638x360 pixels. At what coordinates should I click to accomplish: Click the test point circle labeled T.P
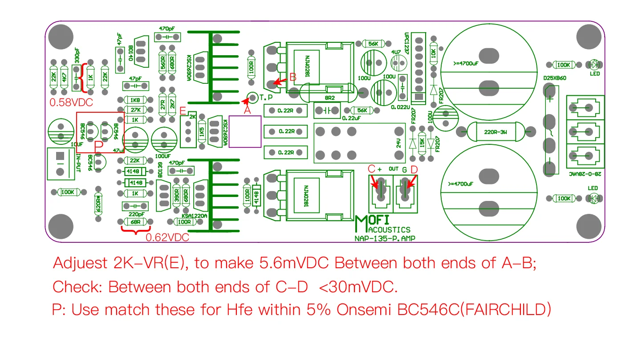click(252, 96)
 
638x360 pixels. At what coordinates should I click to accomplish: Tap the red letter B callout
click(293, 77)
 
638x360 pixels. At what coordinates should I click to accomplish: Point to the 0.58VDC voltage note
click(71, 102)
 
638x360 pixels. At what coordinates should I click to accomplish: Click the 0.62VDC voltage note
click(167, 237)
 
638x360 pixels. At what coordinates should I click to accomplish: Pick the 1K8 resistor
click(135, 100)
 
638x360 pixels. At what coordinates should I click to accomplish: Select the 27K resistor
click(135, 110)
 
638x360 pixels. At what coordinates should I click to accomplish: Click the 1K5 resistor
click(202, 132)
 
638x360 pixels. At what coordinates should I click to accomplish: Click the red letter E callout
click(183, 110)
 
